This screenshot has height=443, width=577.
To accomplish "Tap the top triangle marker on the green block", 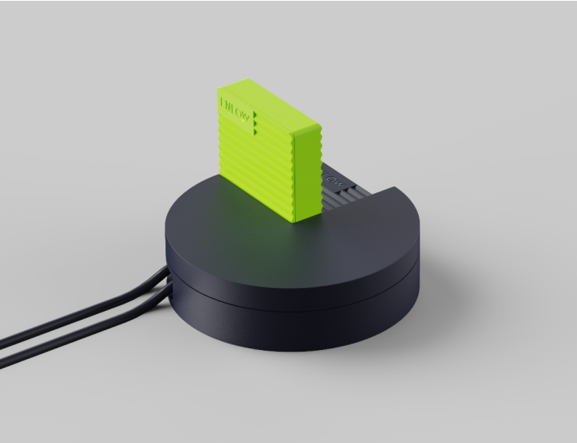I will tap(255, 116).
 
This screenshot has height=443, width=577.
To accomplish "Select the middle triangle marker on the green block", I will tap(256, 123).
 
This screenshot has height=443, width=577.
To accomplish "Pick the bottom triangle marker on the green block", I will tap(256, 131).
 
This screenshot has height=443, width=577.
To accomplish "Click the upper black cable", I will tap(81, 313).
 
